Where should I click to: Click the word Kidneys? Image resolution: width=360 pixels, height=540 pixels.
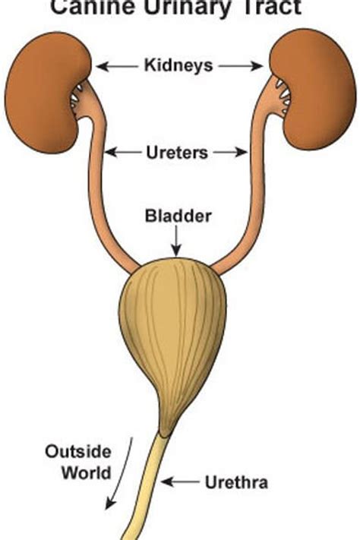[178, 65]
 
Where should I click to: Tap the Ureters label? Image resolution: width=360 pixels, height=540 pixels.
[177, 153]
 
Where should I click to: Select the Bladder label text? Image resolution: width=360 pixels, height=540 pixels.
[178, 216]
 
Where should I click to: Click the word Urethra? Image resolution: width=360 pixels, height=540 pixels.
[236, 482]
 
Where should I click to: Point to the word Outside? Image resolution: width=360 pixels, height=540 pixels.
[78, 451]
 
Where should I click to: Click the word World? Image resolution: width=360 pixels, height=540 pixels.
[87, 472]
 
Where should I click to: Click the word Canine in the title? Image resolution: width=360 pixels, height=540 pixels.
[93, 7]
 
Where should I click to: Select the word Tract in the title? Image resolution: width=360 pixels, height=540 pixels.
[272, 7]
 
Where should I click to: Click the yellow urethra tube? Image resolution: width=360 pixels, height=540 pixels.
[147, 489]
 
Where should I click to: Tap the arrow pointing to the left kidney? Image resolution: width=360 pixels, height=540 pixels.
[117, 66]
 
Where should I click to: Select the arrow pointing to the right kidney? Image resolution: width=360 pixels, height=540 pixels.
[241, 66]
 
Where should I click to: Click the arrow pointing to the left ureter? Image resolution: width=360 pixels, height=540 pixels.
[123, 152]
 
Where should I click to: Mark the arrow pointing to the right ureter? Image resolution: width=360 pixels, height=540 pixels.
[230, 152]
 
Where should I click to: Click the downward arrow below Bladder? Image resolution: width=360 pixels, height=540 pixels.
[176, 241]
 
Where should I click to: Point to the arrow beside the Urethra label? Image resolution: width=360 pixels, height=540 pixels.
[180, 482]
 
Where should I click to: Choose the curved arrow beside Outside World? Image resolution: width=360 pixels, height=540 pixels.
[121, 473]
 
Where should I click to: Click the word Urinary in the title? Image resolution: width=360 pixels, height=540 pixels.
[189, 8]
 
